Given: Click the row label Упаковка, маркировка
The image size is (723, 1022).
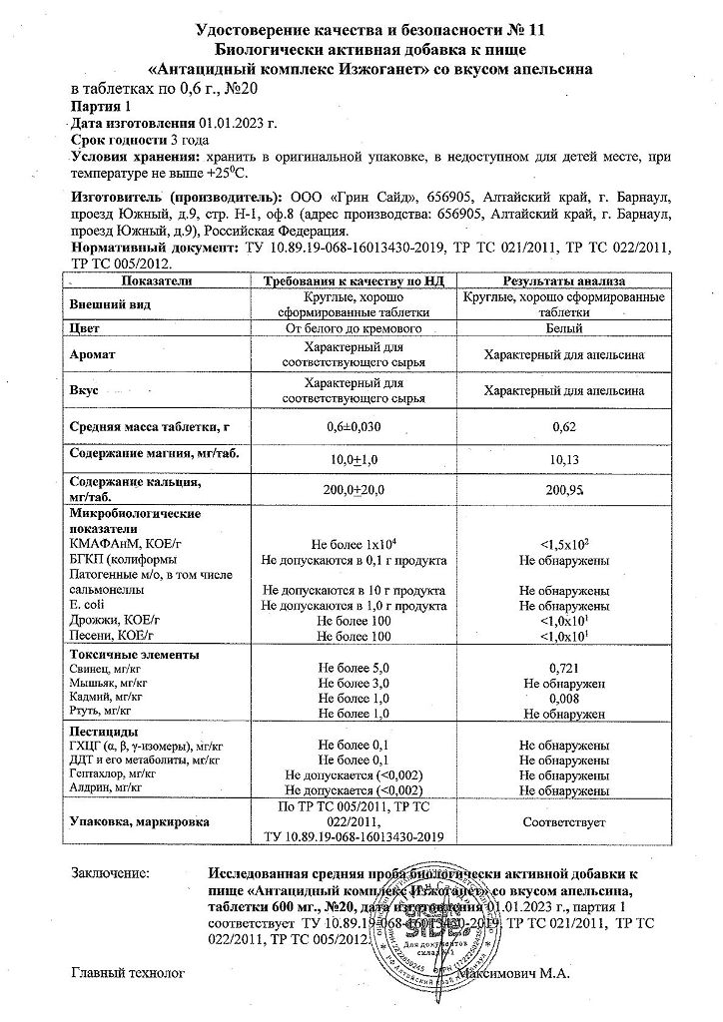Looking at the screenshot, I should click(138, 822).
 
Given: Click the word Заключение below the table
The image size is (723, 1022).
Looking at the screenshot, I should click(110, 872).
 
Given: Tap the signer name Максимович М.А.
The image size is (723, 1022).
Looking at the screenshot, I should click(596, 973).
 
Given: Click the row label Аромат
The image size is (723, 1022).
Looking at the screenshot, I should click(94, 354).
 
